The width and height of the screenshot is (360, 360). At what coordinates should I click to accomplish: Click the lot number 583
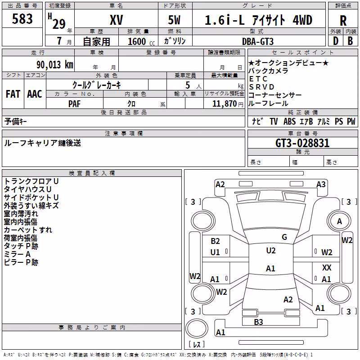click(22, 18)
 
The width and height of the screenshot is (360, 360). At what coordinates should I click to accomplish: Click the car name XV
click(117, 20)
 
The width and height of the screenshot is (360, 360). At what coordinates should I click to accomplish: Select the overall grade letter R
click(343, 21)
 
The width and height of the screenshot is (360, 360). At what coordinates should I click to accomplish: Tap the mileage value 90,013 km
click(54, 65)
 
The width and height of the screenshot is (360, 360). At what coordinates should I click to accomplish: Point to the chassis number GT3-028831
click(302, 143)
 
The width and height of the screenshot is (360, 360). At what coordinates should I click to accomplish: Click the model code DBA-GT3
click(258, 41)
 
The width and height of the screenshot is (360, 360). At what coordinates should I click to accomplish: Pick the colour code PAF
click(74, 104)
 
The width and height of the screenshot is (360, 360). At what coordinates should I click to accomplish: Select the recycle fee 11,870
click(224, 104)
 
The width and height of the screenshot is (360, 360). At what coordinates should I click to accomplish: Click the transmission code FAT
click(13, 94)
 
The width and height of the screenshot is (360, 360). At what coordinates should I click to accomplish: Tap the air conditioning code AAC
click(35, 94)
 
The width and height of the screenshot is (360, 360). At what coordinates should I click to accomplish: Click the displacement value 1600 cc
click(141, 41)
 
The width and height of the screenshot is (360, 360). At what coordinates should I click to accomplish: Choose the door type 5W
click(174, 20)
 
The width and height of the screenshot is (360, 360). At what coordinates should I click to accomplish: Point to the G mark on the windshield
click(284, 237)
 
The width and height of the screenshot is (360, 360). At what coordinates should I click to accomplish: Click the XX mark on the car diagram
click(327, 267)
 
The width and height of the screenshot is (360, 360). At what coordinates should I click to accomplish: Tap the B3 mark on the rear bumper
click(258, 322)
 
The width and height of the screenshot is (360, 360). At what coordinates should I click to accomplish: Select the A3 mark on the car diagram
click(321, 184)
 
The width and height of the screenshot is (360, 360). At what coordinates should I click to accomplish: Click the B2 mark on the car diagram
click(215, 241)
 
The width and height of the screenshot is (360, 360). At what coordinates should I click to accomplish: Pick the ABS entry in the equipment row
click(289, 121)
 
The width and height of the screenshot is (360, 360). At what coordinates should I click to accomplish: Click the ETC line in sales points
click(258, 79)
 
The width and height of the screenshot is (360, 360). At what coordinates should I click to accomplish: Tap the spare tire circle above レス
click(197, 328)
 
